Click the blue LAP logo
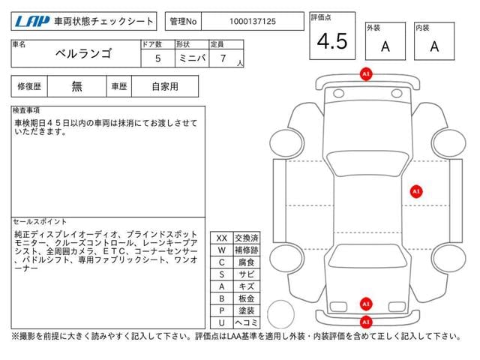pyautogui.click(x=32, y=22)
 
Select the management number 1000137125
pyautogui.click(x=253, y=22)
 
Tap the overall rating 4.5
pyautogui.click(x=332, y=41)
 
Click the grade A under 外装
pyautogui.click(x=385, y=46)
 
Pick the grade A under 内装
pyautogui.click(x=434, y=46)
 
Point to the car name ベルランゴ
pyautogui.click(x=83, y=53)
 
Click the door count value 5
pyautogui.click(x=158, y=58)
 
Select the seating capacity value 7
pyautogui.click(x=223, y=58)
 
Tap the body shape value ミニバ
pyautogui.click(x=192, y=58)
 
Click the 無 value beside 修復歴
pyautogui.click(x=76, y=86)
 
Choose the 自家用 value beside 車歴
pyautogui.click(x=165, y=86)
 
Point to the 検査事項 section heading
pyautogui.click(x=26, y=110)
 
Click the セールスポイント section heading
pyautogui.click(x=40, y=221)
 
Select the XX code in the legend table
pyautogui.click(x=222, y=238)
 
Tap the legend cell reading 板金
pyautogui.click(x=247, y=298)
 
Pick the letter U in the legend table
pyautogui.click(x=222, y=322)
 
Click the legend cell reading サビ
pyautogui.click(x=247, y=274)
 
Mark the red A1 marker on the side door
pyautogui.click(x=416, y=192)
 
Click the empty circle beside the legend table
pyautogui.click(x=280, y=314)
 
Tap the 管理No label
pyautogui.click(x=183, y=22)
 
